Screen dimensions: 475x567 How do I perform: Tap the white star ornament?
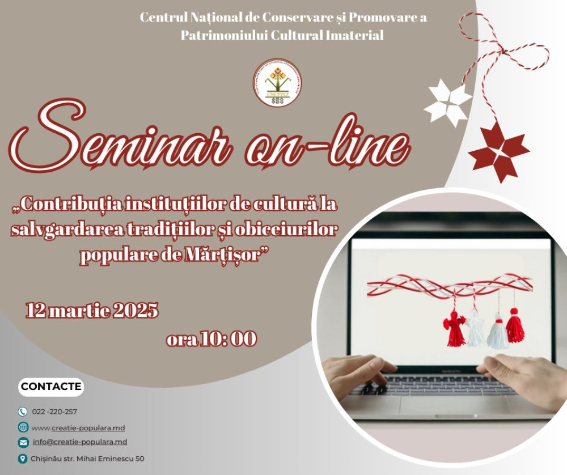point(447,102)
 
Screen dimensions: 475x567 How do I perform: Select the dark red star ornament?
point(498,151)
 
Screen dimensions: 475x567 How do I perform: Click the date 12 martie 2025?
point(92,311)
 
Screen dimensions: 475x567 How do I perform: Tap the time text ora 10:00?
point(211,339)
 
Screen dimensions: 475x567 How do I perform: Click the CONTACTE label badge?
point(51,387)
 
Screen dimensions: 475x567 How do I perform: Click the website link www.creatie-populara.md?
point(78,427)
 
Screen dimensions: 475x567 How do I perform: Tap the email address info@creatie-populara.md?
point(79,442)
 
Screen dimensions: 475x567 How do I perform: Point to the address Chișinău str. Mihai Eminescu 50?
point(88,458)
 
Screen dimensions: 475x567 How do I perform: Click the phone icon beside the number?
point(23,412)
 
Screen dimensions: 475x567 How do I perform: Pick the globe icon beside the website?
point(23,427)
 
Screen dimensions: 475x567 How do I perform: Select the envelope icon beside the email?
point(23,442)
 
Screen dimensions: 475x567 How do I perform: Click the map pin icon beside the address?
point(23,458)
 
